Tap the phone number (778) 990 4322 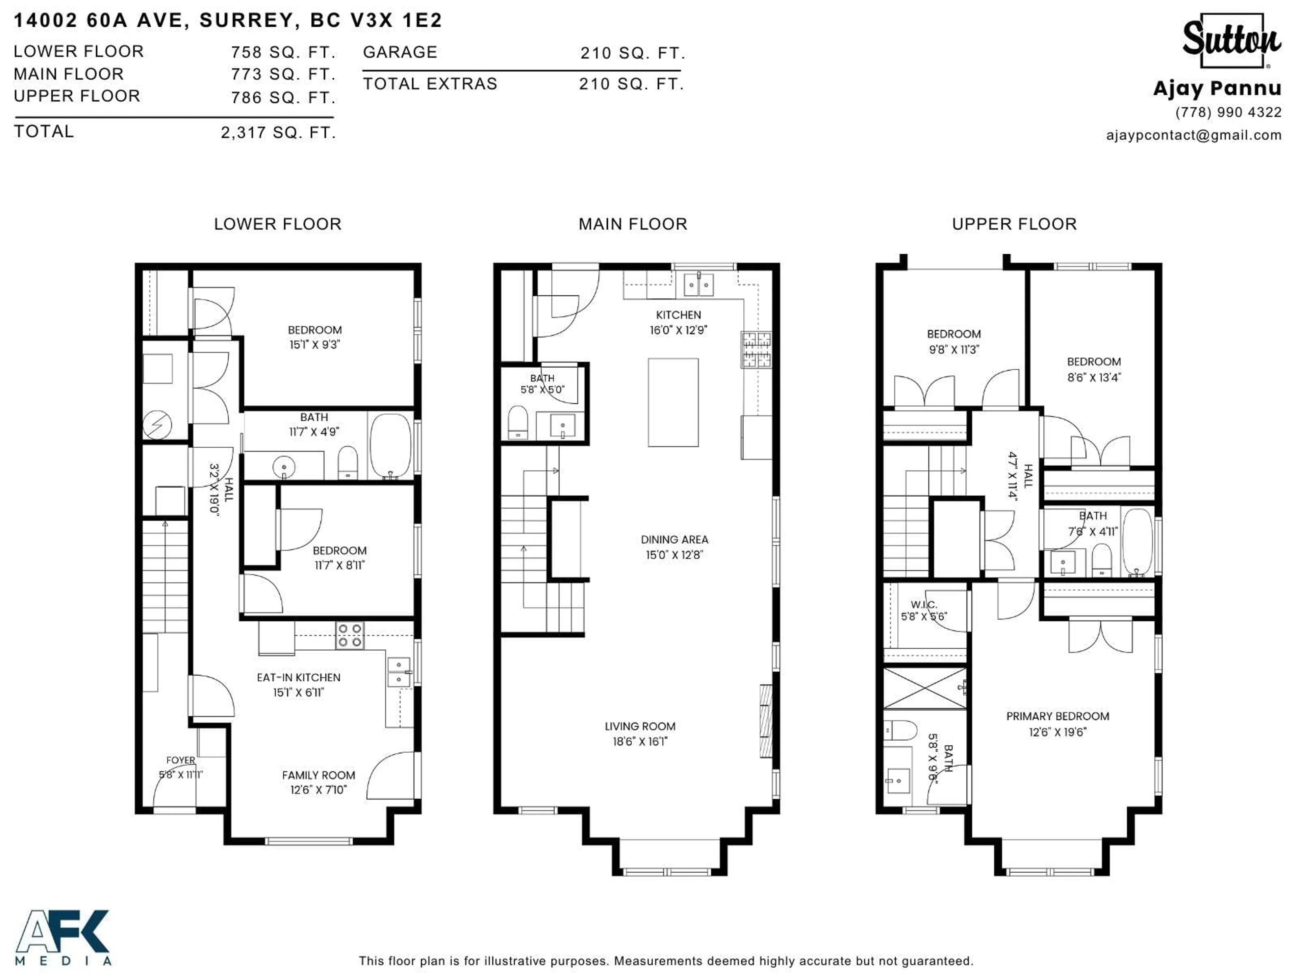(x=1228, y=112)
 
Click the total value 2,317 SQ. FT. (x=278, y=132)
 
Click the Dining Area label (x=674, y=539)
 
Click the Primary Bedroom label (x=1057, y=716)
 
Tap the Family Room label (x=319, y=775)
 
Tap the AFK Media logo (x=63, y=937)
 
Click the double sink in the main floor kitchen (x=698, y=285)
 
